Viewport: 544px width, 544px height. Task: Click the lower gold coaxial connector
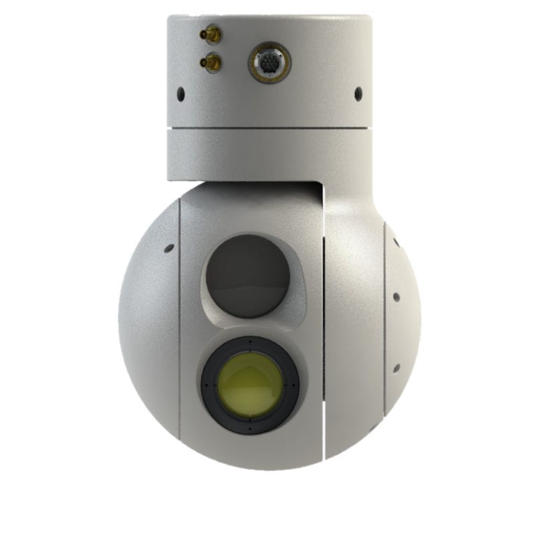(x=211, y=63)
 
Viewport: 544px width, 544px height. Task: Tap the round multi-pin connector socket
(x=269, y=63)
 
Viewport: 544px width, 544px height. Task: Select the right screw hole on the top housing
(x=358, y=94)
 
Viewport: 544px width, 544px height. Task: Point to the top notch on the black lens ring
(x=250, y=342)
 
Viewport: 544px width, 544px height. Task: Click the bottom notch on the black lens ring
(x=250, y=428)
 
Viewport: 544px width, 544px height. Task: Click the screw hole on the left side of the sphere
(x=168, y=249)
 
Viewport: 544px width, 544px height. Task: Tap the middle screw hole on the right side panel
(x=396, y=297)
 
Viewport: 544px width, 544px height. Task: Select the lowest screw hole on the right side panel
(x=396, y=368)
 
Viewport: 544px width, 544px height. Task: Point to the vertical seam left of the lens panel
(x=179, y=321)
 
